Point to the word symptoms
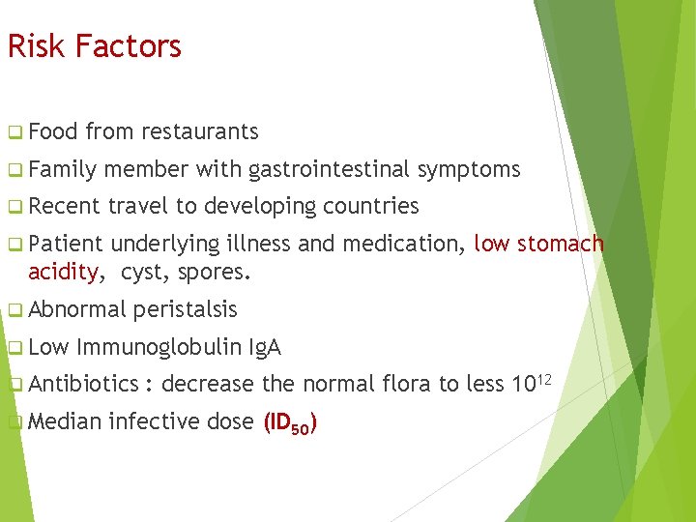469,170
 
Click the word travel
138,206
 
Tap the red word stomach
561,245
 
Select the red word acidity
63,273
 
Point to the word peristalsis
185,309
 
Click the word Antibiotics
84,384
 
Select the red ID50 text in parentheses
291,422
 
